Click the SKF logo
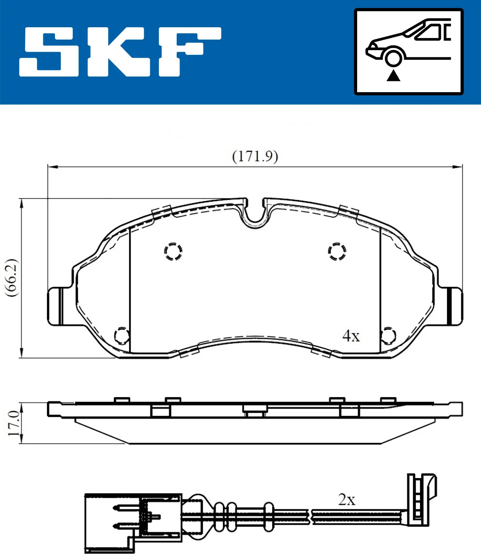coord(120,52)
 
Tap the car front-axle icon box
coord(408,52)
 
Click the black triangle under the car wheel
coord(393,75)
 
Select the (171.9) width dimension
coord(255,156)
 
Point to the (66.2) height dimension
coord(12,277)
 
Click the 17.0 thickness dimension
coord(13,423)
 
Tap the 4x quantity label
coord(351,336)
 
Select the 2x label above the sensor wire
coord(347,500)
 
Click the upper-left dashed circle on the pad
coord(173,251)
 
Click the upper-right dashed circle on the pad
coord(337,251)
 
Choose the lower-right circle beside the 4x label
coord(388,335)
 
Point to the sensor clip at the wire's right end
coord(421,497)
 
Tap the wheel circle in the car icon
coord(393,57)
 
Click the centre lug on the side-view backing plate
coord(255,409)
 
